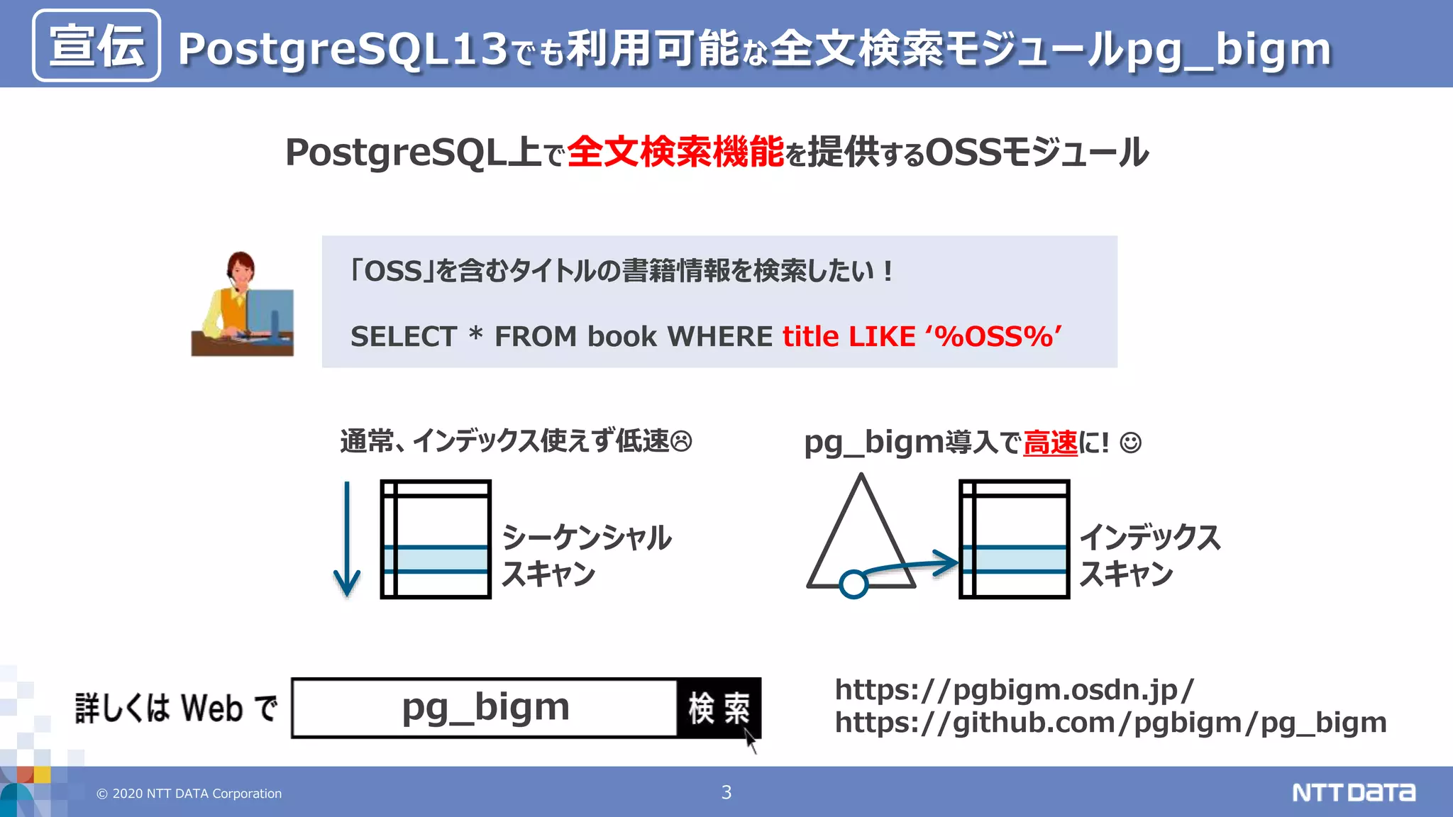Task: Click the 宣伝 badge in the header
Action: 96,45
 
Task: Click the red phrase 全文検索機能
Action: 675,152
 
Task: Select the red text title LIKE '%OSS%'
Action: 922,336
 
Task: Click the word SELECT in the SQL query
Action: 404,337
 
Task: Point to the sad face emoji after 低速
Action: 681,442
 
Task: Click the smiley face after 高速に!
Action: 1130,443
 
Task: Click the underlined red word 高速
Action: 1050,443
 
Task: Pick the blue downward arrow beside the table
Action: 347,539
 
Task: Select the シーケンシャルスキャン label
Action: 585,555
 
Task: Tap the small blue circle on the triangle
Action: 853,584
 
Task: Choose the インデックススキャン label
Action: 1149,555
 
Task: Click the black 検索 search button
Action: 719,708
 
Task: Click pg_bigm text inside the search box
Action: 485,708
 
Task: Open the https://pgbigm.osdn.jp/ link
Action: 1014,689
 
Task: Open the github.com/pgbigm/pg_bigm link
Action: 1110,723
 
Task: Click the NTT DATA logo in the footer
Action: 1353,792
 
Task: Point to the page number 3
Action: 726,792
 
